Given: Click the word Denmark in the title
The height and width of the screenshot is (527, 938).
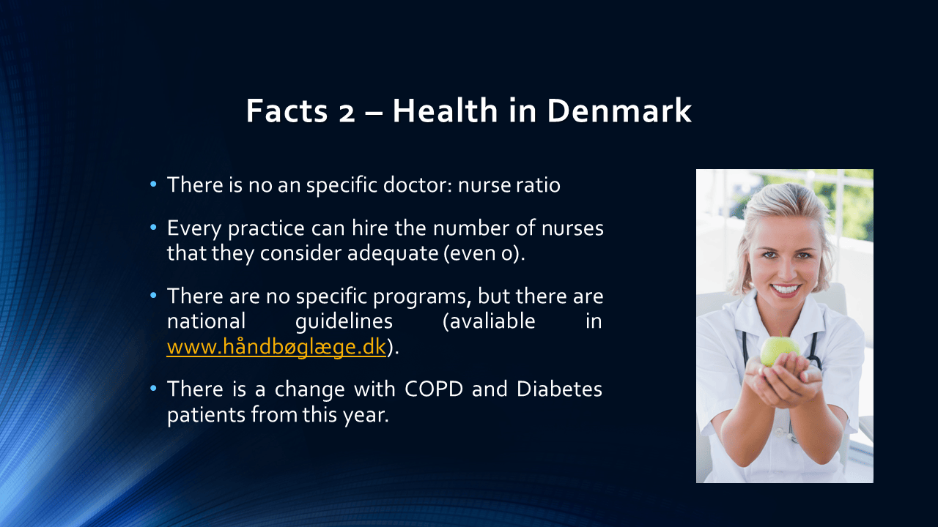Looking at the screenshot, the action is [619, 111].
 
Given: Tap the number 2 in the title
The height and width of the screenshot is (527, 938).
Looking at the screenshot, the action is [347, 113].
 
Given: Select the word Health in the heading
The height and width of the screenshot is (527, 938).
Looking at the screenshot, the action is [445, 111].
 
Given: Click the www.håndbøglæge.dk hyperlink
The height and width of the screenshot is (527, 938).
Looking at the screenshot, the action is [276, 347].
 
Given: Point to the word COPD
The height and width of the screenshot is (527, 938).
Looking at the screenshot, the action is [434, 389].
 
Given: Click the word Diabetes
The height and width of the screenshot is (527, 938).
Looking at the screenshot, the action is [559, 389].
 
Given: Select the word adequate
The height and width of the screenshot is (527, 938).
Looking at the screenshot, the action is [392, 253].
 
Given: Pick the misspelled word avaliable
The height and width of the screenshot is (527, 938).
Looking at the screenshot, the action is [489, 321].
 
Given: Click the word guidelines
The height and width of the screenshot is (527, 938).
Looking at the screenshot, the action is [344, 321].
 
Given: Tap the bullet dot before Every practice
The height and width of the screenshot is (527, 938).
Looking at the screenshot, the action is [153, 228].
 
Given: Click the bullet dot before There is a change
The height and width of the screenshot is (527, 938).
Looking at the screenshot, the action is [153, 389].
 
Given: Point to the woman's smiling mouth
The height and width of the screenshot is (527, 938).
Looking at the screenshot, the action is [785, 289].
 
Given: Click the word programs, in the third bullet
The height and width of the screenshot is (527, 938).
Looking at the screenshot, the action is [420, 297].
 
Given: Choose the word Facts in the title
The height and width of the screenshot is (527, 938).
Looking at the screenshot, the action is [287, 111].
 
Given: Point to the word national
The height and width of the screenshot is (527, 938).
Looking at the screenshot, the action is [206, 321].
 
